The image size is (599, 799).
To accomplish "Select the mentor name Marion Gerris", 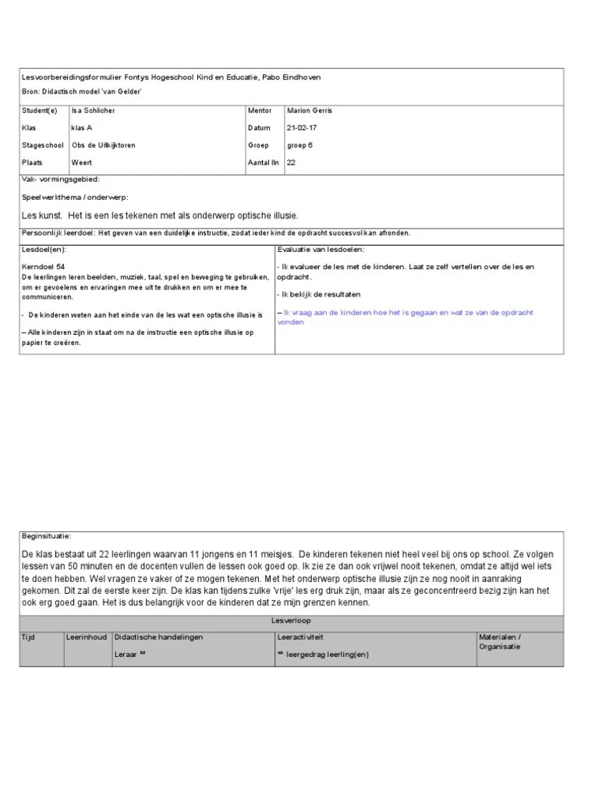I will click(x=310, y=111).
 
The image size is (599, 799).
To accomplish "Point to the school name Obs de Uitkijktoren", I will click(x=104, y=145).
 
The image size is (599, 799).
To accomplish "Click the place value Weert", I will click(x=81, y=162).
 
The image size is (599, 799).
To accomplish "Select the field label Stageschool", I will click(x=43, y=145).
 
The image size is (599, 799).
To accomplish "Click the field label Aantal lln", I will click(x=263, y=162).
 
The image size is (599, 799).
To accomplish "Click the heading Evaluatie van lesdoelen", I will click(x=321, y=250).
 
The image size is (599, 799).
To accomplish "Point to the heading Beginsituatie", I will click(x=46, y=536).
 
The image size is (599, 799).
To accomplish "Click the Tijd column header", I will click(x=28, y=637).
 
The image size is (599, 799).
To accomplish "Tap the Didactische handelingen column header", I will click(x=158, y=637).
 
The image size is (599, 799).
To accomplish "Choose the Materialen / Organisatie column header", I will click(x=500, y=641).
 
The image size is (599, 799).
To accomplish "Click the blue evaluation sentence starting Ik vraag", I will click(x=405, y=316).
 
